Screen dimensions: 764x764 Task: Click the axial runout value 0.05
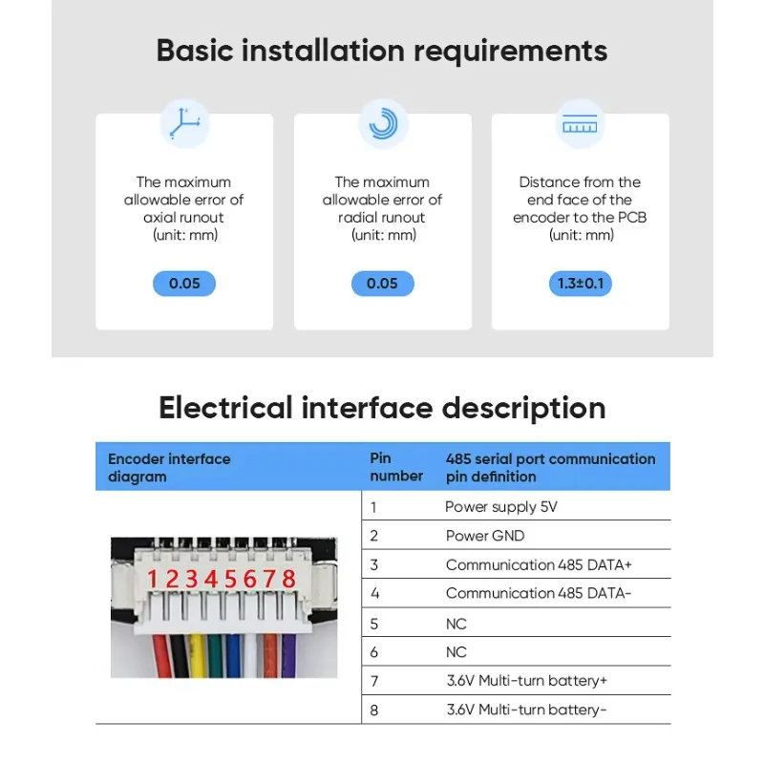click(184, 284)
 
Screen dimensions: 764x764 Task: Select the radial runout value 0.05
click(382, 284)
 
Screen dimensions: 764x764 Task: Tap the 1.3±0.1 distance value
click(580, 284)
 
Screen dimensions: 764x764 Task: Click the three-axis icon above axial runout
click(184, 124)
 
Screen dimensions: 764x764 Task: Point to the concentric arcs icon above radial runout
click(382, 124)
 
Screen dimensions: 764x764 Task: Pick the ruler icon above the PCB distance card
click(580, 124)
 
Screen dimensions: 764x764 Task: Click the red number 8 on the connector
click(288, 580)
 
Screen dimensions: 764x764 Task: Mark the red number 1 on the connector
click(153, 580)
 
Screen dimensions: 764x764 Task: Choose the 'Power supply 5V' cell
click(500, 507)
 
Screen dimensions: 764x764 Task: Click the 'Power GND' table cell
click(485, 536)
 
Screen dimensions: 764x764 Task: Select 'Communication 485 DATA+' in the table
click(539, 564)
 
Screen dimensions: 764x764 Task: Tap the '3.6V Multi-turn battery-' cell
click(526, 710)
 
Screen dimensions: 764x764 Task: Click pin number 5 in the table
click(374, 624)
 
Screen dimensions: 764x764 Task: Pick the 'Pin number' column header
click(395, 467)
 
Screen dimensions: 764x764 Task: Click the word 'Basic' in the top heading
click(196, 50)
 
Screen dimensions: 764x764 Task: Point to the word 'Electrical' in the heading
click(225, 408)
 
